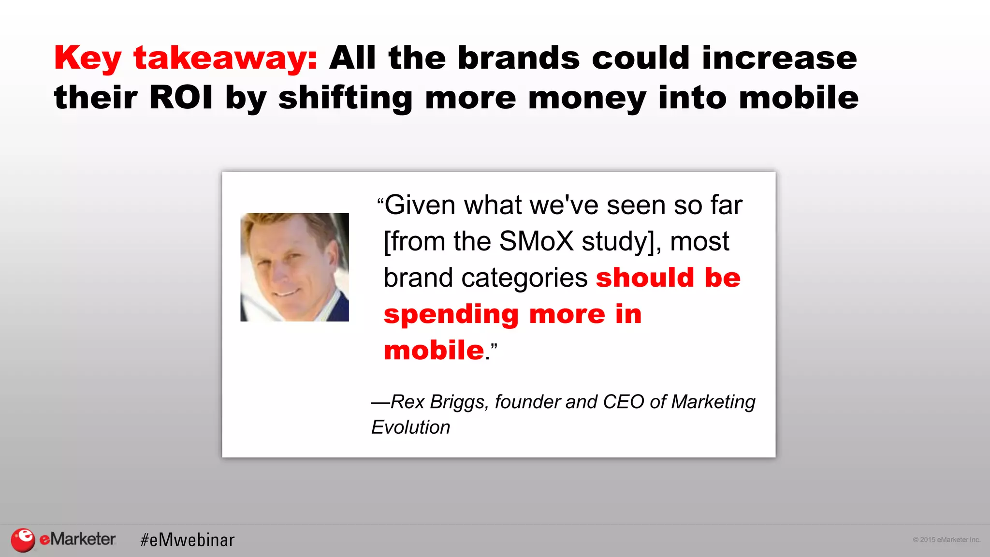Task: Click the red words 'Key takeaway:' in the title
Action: [186, 59]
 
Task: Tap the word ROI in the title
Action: [181, 98]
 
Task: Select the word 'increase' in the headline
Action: [779, 59]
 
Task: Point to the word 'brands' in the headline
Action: [519, 59]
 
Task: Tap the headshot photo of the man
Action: [294, 267]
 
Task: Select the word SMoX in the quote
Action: [536, 241]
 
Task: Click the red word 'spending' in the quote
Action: [451, 315]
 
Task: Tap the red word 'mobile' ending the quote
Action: [434, 350]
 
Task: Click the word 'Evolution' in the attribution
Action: [410, 427]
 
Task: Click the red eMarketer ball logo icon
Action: [23, 540]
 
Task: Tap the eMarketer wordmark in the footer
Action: [77, 539]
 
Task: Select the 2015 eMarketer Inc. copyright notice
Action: [946, 540]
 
